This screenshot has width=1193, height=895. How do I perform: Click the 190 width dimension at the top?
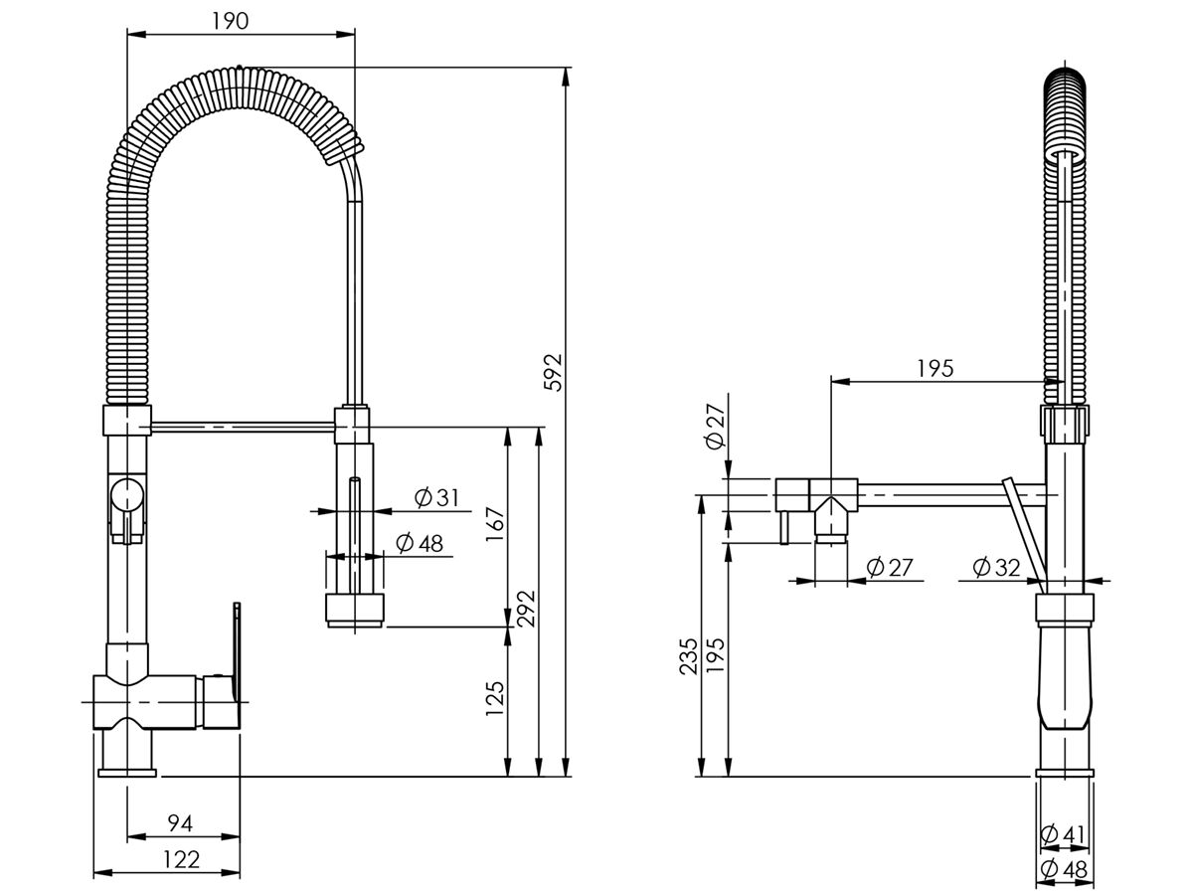coord(231,22)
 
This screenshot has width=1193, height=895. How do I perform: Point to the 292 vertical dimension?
coord(527,608)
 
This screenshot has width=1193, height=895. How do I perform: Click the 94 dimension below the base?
coord(180,823)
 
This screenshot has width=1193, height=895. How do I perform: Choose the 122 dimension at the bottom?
coord(180,860)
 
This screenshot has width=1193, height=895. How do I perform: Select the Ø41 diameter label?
coord(1063,834)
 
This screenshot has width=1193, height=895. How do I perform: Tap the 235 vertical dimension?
coord(688,656)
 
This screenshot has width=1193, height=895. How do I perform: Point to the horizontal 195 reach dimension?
coord(935,368)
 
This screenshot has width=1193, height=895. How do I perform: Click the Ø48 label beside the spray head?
coord(419,543)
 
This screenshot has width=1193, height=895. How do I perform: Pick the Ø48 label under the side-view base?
coord(1063,869)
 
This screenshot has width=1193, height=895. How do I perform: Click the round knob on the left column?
coord(126,493)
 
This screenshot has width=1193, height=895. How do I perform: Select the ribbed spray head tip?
coord(354,610)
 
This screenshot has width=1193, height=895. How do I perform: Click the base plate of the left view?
coord(127,771)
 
